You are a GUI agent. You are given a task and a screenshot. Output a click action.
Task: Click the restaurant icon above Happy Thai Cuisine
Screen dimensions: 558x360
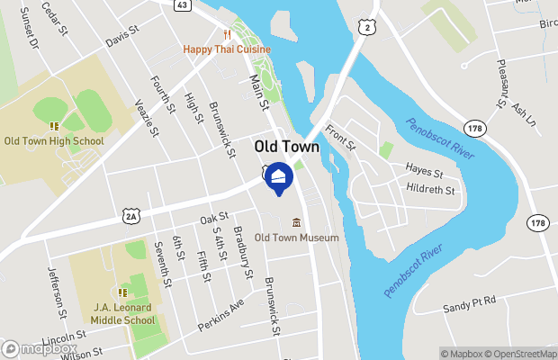(216, 36)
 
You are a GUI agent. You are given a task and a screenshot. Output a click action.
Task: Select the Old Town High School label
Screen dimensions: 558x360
(54, 140)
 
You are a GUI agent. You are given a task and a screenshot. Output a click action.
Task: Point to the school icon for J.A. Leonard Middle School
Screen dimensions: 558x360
(122, 292)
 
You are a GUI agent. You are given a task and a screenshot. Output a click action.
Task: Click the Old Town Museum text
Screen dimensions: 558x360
(296, 238)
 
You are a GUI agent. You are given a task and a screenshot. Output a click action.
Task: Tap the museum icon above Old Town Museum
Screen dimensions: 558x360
(296, 222)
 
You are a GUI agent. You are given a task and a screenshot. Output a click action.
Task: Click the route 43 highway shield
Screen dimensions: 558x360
(182, 5)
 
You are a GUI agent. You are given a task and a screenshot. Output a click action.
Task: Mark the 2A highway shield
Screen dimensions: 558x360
(132, 216)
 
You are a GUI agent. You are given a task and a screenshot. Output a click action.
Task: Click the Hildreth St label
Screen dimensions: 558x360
(430, 190)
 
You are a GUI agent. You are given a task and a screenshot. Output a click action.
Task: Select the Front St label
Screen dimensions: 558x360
(340, 138)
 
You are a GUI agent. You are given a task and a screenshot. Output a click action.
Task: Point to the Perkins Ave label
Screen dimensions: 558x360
(220, 314)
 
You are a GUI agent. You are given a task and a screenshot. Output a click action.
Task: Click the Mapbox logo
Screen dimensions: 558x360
(38, 349)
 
